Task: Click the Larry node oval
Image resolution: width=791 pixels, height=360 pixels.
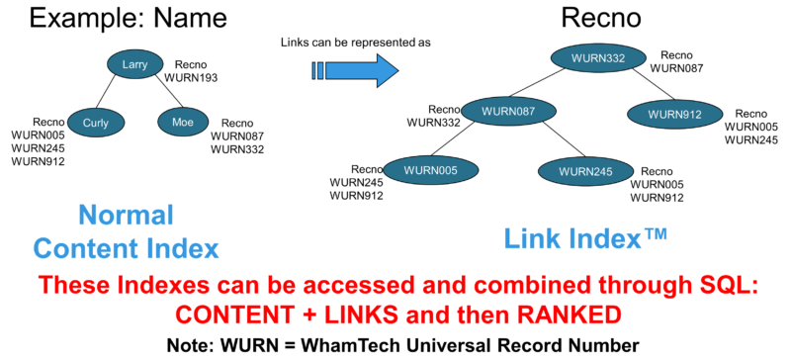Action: (134, 64)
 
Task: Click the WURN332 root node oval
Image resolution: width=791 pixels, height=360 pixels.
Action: (596, 58)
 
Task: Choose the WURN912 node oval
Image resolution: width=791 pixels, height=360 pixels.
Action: (675, 115)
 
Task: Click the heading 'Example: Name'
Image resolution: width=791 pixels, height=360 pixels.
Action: (129, 17)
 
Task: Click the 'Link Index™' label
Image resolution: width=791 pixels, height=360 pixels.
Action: (586, 236)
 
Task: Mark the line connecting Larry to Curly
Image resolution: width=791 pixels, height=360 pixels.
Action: (114, 93)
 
